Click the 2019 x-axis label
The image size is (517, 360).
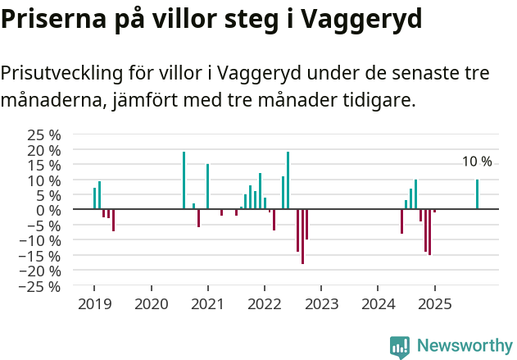coord(94,304)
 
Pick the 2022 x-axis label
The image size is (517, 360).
coord(264,304)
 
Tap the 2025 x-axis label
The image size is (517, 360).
coord(434,304)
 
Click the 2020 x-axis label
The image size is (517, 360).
coord(151,304)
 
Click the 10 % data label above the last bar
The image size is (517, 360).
coord(477,162)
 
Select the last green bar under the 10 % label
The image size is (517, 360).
coord(477,194)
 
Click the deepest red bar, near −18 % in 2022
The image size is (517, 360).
coord(302,236)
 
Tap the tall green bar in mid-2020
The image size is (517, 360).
coord(184,180)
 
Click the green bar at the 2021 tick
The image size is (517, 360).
coord(207,187)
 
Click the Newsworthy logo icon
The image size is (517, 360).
coord(400,346)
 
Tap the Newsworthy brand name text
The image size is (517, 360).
coord(464,346)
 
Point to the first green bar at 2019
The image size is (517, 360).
coord(94,198)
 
